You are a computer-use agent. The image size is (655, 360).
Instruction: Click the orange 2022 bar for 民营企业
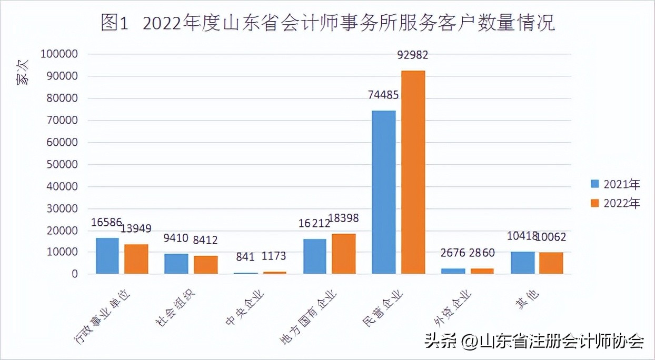413,172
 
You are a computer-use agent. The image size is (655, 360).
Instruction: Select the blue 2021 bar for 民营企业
383,192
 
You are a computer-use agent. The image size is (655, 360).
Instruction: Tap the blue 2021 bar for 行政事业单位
107,256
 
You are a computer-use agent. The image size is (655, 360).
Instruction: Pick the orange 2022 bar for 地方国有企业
343,254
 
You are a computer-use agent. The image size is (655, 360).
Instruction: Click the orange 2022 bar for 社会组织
205,265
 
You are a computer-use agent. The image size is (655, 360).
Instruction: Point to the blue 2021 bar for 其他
522,263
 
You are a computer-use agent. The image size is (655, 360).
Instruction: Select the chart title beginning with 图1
327,24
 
